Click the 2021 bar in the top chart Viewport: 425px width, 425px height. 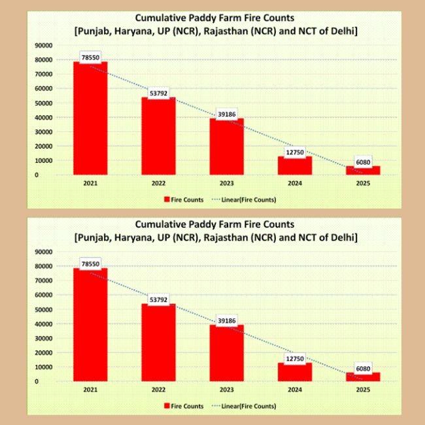(x=90, y=118)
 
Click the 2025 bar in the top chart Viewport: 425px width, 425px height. (x=363, y=170)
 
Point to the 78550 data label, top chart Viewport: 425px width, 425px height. (x=90, y=58)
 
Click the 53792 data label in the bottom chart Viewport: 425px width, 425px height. (x=158, y=300)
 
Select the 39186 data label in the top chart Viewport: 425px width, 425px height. (x=226, y=114)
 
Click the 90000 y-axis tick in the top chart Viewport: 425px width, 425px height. (x=44, y=45)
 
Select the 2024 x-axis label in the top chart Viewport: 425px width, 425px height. (x=295, y=184)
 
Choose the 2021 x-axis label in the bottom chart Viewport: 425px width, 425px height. (x=90, y=390)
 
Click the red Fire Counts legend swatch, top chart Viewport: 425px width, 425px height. (x=166, y=199)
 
